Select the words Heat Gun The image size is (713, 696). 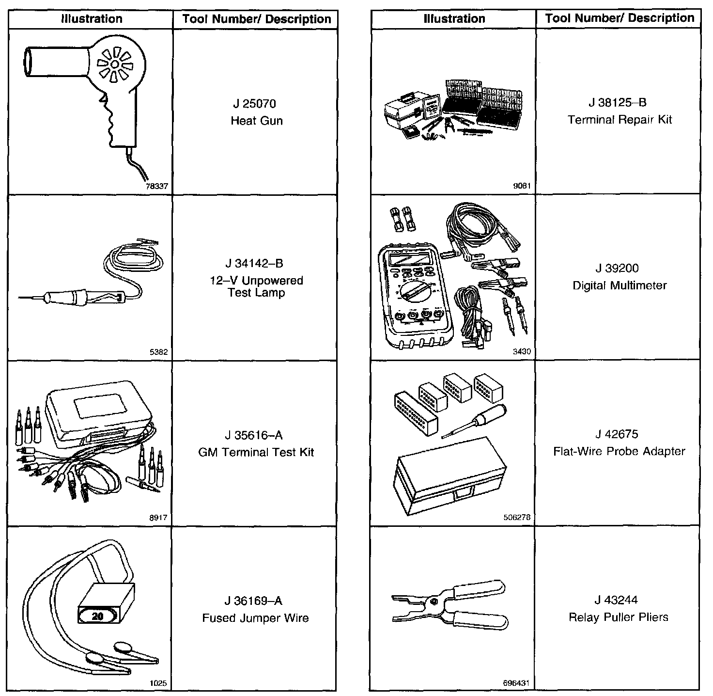[x=256, y=121]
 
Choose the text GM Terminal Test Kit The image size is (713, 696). [x=256, y=452]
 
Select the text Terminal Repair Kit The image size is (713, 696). [x=620, y=120]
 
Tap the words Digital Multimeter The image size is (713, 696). [x=620, y=285]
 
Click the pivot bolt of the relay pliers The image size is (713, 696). [x=434, y=601]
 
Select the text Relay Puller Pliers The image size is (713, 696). [x=619, y=617]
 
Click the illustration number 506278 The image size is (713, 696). [x=517, y=517]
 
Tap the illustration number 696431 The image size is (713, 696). [x=517, y=683]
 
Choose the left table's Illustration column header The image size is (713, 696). [x=92, y=19]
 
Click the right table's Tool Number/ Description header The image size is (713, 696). [x=620, y=18]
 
